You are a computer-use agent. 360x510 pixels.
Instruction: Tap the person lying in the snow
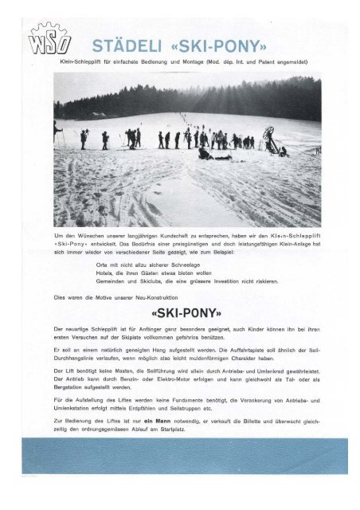pos(213,155)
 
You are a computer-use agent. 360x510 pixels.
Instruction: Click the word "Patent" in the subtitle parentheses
pos(252,61)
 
